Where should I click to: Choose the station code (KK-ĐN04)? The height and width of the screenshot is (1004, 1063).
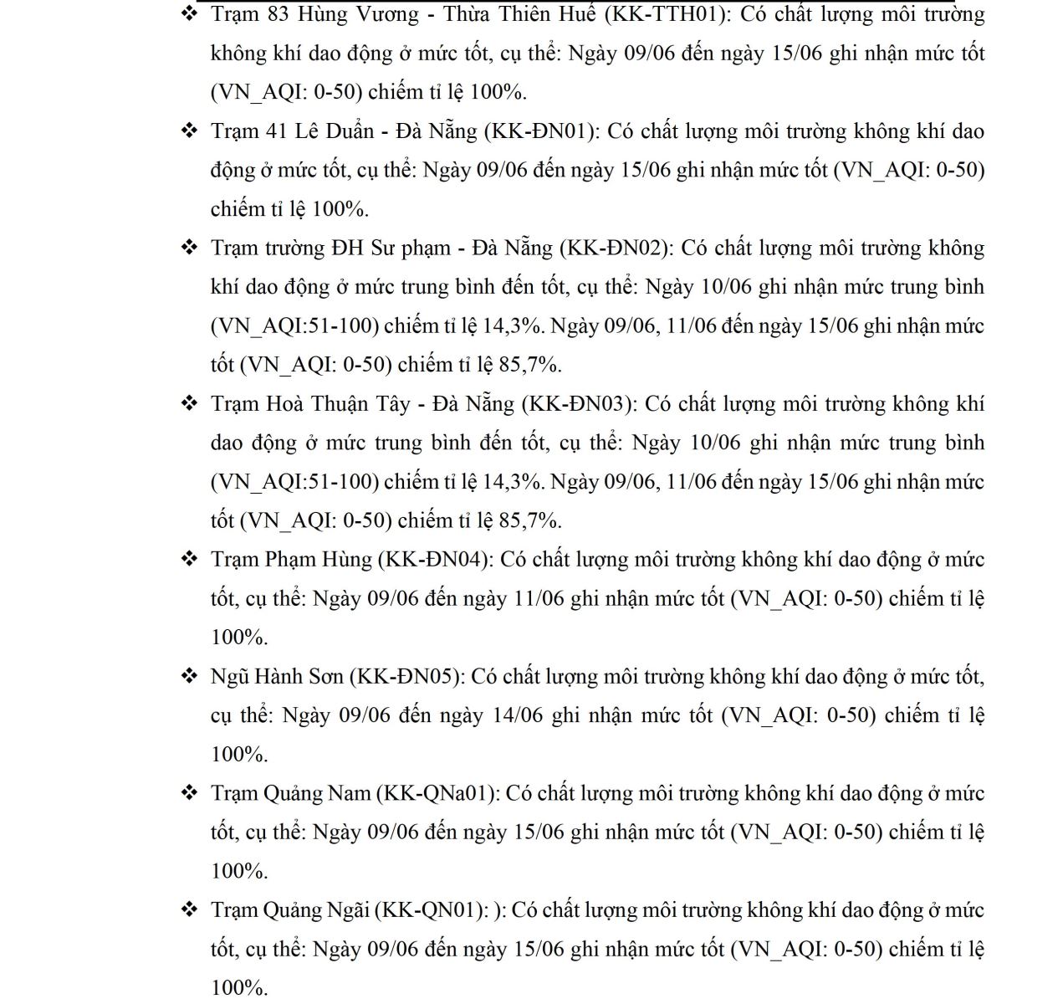pyautogui.click(x=436, y=560)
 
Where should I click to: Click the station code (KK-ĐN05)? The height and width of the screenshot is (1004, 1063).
pyautogui.click(x=406, y=677)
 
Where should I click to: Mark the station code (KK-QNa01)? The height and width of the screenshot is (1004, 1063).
pyautogui.click(x=438, y=793)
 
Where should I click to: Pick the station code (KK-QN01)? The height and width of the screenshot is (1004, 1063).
pyautogui.click(x=431, y=910)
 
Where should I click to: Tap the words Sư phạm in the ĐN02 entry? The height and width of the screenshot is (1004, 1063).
pyautogui.click(x=410, y=248)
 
